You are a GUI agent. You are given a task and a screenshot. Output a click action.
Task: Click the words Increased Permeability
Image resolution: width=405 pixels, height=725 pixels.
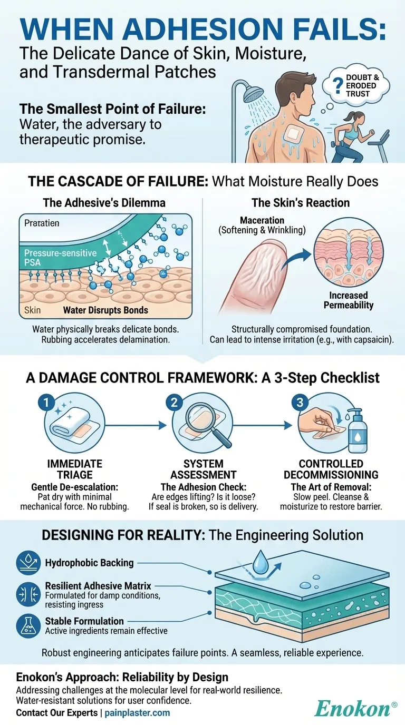[x=348, y=300]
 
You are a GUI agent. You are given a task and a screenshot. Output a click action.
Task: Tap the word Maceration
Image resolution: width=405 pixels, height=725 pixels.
[x=262, y=220]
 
